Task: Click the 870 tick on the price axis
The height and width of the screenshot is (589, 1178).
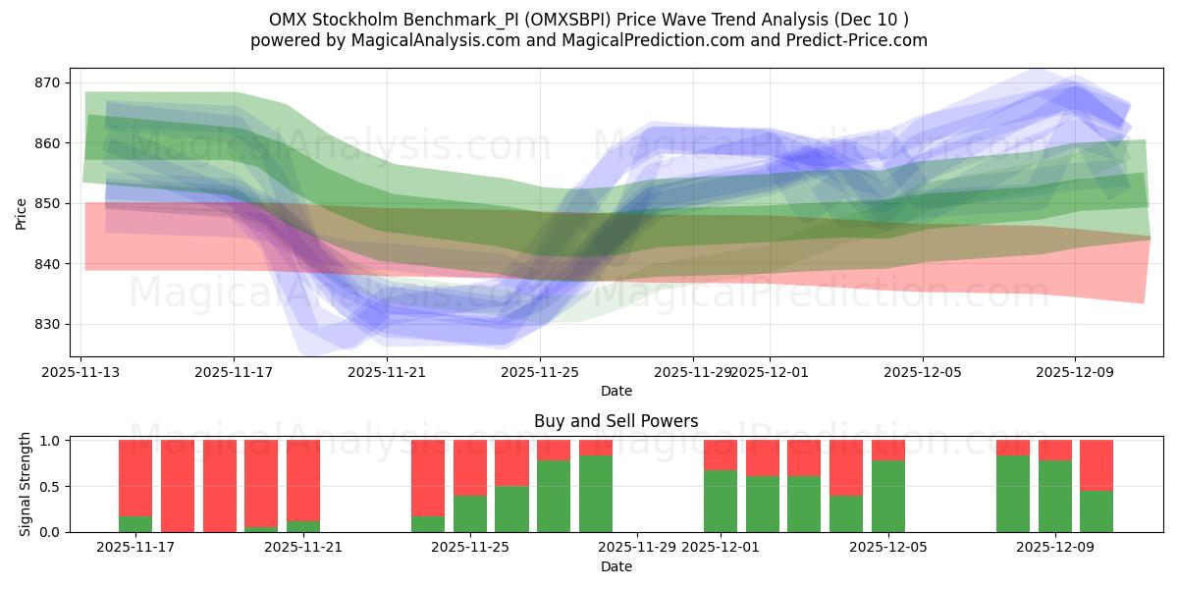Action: tap(47, 82)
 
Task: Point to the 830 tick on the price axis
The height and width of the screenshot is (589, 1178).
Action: tap(47, 324)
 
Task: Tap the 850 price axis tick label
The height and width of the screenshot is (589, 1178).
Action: tap(47, 203)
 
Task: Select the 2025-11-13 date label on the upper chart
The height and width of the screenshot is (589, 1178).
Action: tap(80, 372)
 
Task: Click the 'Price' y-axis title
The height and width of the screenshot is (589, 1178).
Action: tap(22, 212)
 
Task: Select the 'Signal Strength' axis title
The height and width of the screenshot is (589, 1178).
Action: tap(26, 486)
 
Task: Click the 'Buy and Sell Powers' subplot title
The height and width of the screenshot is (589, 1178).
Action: tap(616, 421)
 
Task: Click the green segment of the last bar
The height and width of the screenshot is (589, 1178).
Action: tap(1096, 511)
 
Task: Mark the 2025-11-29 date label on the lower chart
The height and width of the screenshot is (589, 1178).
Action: tap(637, 548)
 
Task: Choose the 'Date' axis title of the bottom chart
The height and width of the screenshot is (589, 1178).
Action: tap(616, 566)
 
